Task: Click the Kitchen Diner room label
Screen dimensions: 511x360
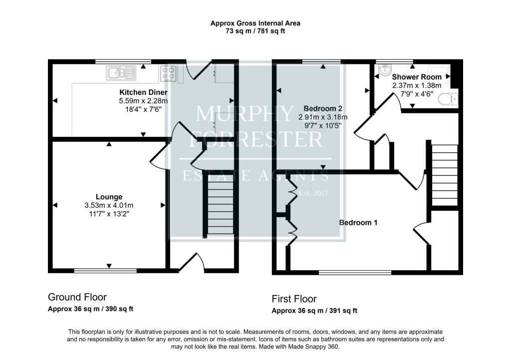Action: click(x=143, y=92)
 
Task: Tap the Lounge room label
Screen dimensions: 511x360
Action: click(x=109, y=197)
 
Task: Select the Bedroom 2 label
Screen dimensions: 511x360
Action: click(x=323, y=108)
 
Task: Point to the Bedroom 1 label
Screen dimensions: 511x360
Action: click(x=358, y=223)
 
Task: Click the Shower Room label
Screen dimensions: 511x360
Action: click(x=417, y=77)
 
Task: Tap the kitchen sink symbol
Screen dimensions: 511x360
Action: click(x=121, y=73)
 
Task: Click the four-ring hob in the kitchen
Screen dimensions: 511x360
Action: click(x=169, y=73)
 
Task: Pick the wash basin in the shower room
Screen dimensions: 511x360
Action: click(x=386, y=69)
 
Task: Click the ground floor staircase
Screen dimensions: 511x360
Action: click(x=220, y=204)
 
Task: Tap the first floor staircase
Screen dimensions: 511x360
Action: click(x=445, y=175)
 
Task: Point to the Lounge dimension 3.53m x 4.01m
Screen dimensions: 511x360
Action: click(x=109, y=205)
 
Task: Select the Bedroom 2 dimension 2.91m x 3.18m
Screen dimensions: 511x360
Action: click(x=323, y=117)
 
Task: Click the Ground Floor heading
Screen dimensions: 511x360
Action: click(x=77, y=297)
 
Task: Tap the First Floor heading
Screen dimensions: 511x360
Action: click(x=294, y=299)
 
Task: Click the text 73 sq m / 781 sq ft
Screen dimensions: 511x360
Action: click(x=255, y=31)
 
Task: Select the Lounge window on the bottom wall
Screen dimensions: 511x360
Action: click(x=105, y=271)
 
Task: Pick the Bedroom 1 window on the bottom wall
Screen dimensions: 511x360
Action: click(x=355, y=272)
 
